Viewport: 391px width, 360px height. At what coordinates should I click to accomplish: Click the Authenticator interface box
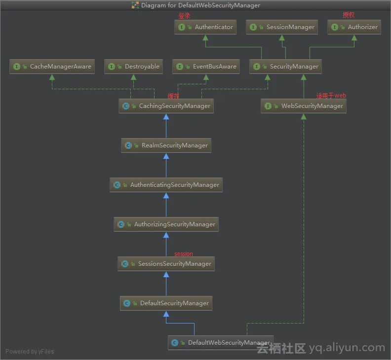point(205,27)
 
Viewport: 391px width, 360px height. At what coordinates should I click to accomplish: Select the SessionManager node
point(281,27)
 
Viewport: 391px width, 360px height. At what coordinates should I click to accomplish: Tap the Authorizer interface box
point(354,27)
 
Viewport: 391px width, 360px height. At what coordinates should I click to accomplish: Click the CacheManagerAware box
point(52,67)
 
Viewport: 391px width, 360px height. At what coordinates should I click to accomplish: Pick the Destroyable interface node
point(133,67)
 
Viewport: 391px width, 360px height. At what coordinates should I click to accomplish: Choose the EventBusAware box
point(206,67)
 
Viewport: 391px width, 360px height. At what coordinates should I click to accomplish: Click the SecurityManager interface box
point(285,67)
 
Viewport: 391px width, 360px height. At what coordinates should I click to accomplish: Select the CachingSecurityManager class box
point(166,106)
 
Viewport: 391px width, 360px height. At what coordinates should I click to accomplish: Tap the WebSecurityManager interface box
point(303,106)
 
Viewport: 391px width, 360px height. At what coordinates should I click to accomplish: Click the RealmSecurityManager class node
point(166,145)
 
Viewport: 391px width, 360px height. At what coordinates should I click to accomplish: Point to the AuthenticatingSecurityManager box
point(166,185)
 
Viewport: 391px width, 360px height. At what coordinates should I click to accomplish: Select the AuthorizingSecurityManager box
point(166,224)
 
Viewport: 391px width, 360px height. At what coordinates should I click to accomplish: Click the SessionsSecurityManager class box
point(166,264)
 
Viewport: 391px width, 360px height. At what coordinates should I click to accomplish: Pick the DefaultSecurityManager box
point(166,303)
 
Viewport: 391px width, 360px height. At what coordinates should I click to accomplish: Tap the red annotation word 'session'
point(184,254)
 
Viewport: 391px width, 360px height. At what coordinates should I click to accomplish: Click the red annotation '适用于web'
point(331,96)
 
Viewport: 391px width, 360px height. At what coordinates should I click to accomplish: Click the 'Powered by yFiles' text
point(30,352)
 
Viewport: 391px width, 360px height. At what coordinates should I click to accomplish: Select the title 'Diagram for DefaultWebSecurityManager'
point(200,5)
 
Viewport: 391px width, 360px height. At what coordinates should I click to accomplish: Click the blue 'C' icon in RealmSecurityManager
point(128,145)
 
